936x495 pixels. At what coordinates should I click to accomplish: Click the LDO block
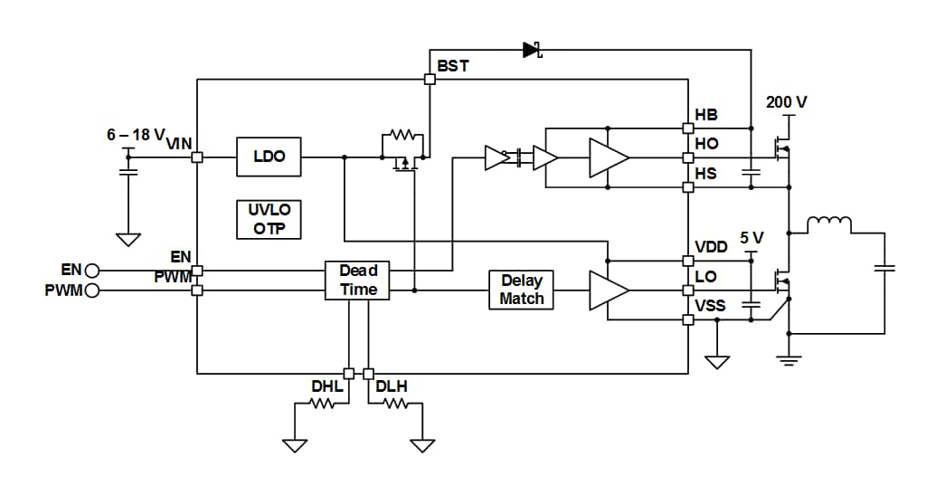click(x=269, y=157)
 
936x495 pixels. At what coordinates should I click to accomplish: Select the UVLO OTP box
click(x=269, y=219)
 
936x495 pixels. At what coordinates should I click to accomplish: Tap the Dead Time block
click(x=357, y=280)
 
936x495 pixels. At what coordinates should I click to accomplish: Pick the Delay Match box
click(x=521, y=290)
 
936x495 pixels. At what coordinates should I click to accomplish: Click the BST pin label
click(x=453, y=66)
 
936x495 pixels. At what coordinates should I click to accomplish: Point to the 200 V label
click(x=786, y=102)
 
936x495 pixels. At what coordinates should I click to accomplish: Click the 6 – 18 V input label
click(x=136, y=135)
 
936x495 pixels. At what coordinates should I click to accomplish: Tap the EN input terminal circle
click(x=92, y=271)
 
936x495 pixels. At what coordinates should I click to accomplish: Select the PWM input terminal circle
click(x=92, y=290)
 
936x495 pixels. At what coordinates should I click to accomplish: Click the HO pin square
click(x=688, y=157)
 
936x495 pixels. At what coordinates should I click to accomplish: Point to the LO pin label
click(x=705, y=277)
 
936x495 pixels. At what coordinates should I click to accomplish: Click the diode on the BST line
click(x=532, y=50)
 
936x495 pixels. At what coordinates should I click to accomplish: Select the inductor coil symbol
click(x=829, y=224)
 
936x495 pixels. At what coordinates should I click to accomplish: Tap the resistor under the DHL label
click(x=322, y=404)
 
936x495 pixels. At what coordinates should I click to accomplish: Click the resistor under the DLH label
click(x=395, y=404)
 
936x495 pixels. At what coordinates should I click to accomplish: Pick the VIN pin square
click(x=197, y=157)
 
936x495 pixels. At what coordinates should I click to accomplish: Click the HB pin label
click(x=706, y=115)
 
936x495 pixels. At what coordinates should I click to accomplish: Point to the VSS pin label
click(x=710, y=306)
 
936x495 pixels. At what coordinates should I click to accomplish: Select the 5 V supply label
click(x=752, y=238)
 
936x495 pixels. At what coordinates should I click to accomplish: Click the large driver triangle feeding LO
click(x=609, y=290)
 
